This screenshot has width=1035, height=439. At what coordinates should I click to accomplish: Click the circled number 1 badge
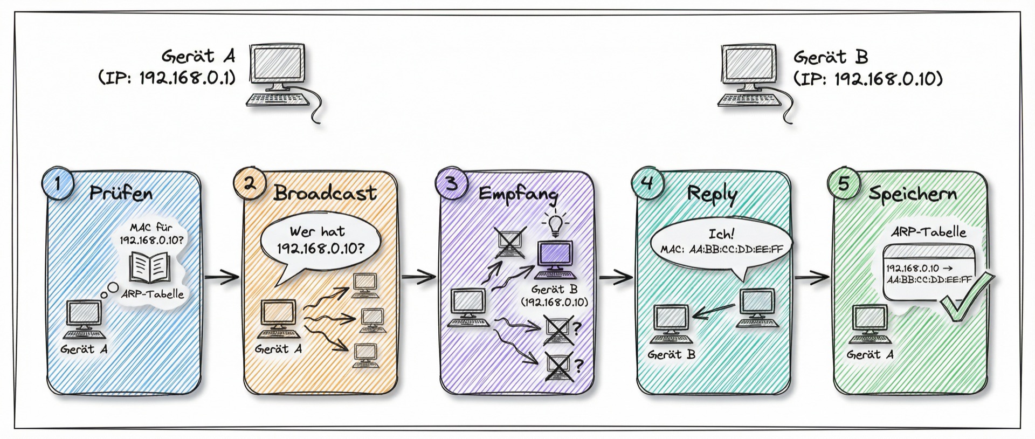57,184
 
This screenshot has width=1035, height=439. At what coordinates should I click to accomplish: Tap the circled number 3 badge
451,184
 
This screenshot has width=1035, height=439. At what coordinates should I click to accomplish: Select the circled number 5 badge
844,184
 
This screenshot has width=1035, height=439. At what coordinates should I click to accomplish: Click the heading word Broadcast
325,193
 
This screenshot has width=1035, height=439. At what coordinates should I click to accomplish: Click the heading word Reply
712,194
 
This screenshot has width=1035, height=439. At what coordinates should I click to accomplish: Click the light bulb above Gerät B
555,223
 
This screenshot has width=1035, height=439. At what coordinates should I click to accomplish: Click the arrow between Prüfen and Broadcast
222,278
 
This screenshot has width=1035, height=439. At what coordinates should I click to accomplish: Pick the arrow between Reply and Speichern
812,278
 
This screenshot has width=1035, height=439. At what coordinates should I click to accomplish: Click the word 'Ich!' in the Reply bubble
721,234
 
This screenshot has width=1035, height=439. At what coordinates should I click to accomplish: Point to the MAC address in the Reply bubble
736,249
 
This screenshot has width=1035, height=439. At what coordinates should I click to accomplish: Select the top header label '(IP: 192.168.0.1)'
168,78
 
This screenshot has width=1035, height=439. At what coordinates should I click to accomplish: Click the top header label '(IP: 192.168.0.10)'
868,79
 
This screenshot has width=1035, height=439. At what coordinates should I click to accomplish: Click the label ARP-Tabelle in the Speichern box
928,232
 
